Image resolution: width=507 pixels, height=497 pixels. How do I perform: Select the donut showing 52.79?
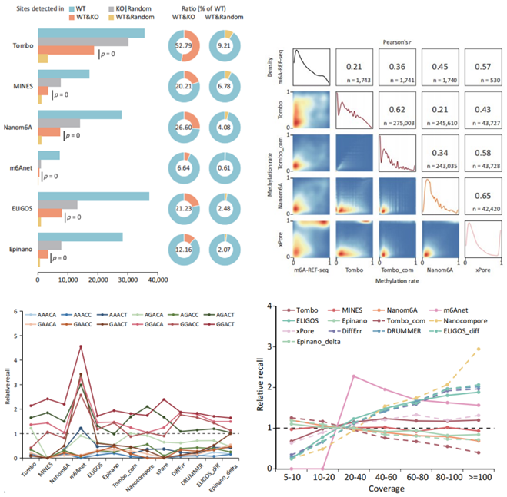click(184, 50)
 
